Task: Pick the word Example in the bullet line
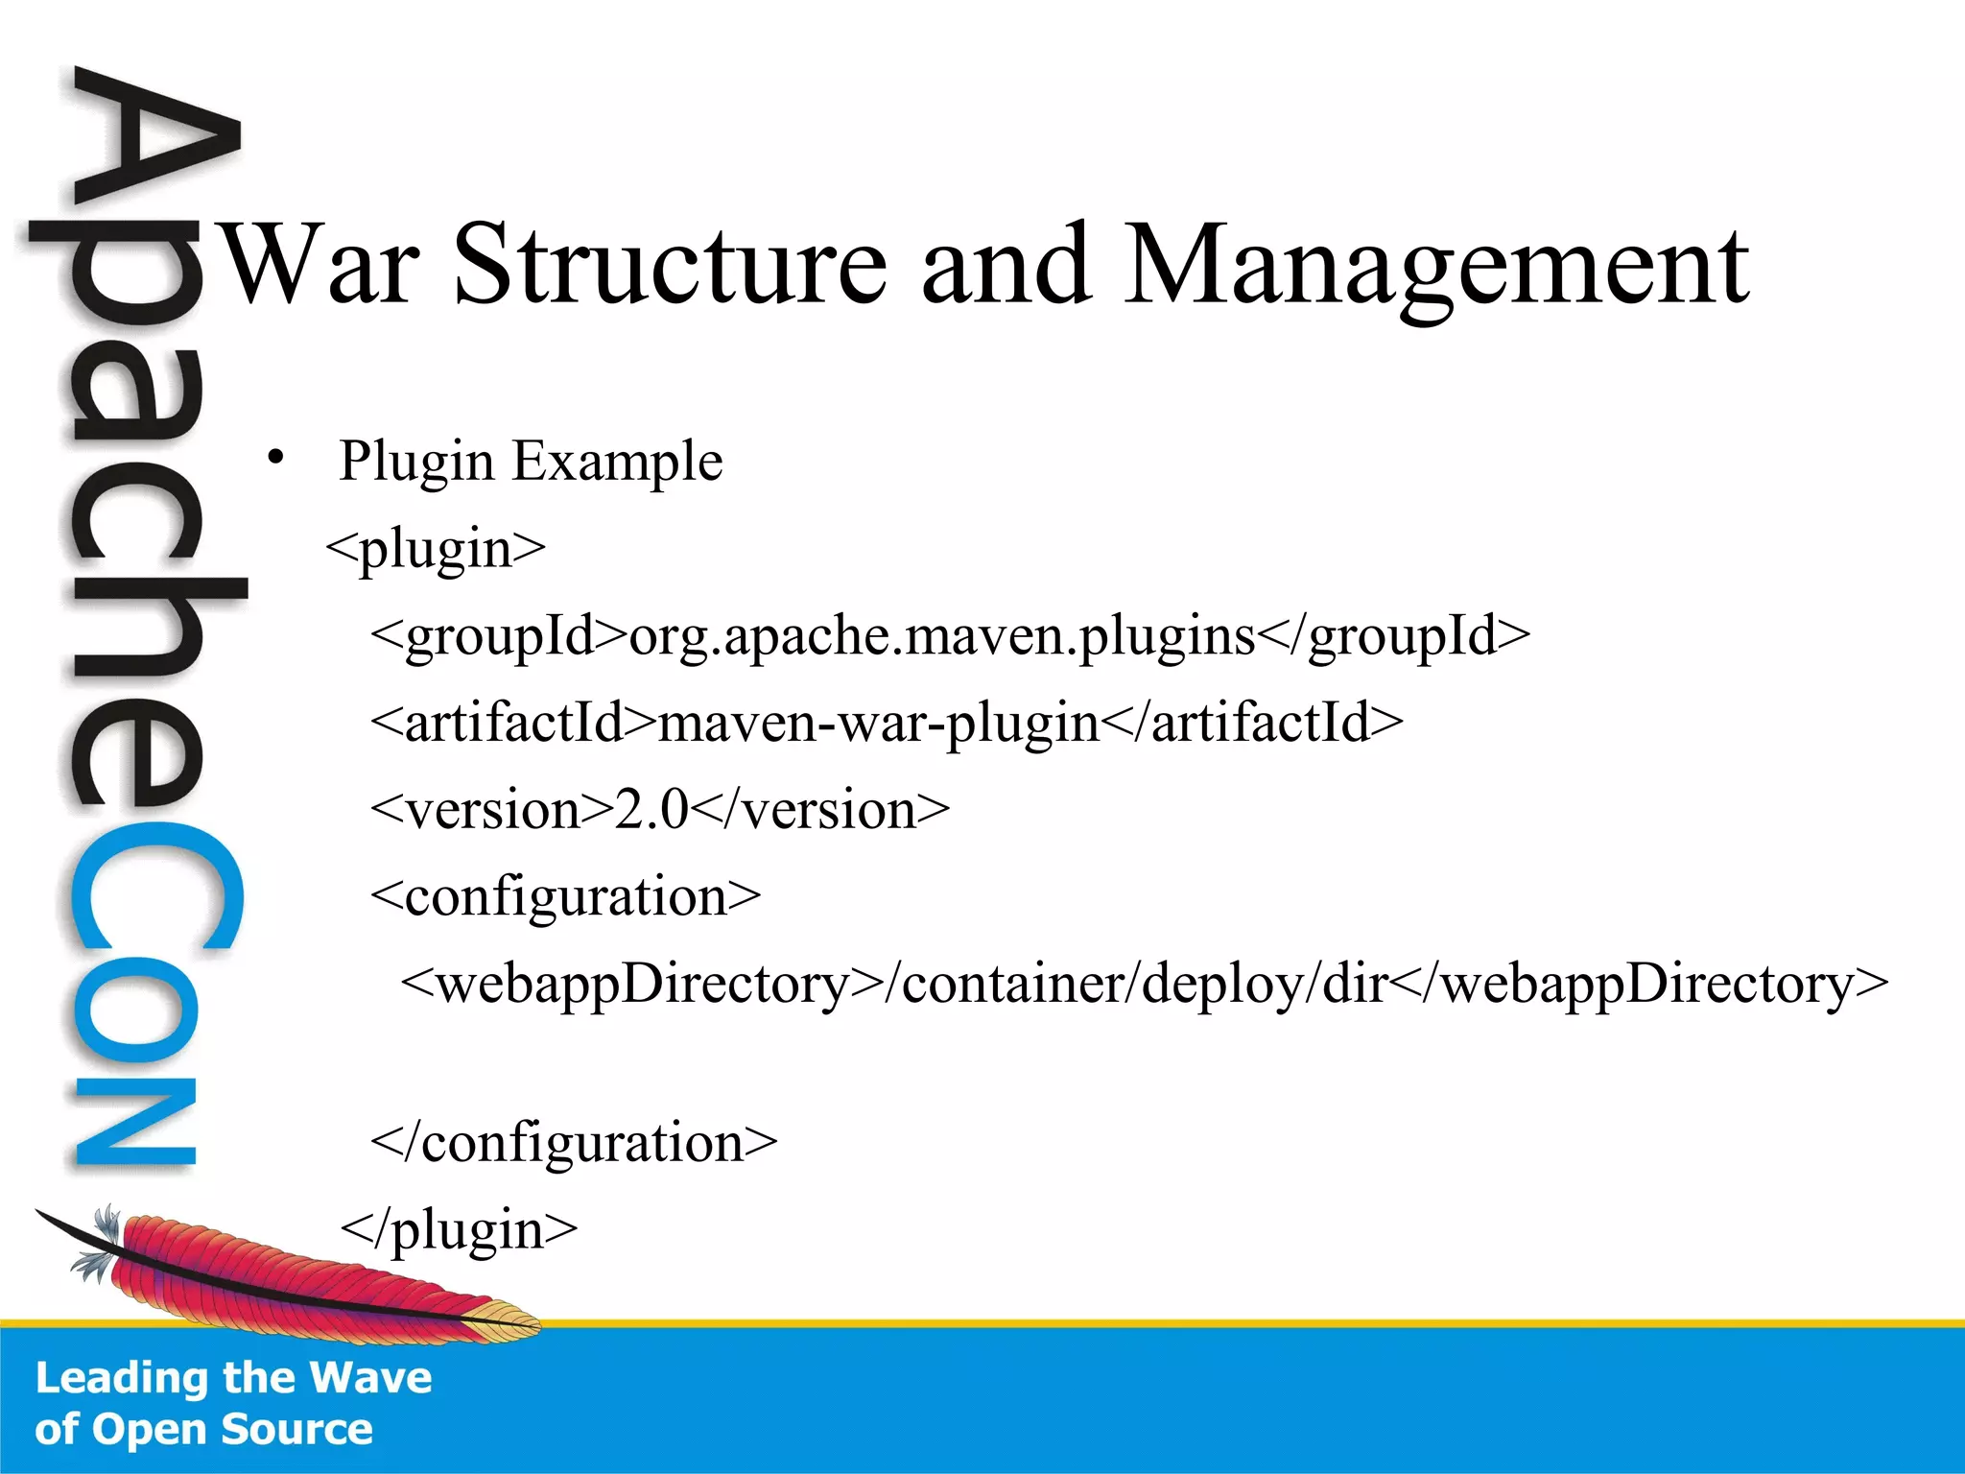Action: coord(617,463)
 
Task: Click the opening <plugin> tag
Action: coord(436,549)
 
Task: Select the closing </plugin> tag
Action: coord(460,1229)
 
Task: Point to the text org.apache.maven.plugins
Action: coord(941,636)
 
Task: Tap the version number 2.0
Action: coord(651,810)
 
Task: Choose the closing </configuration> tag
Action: coord(574,1143)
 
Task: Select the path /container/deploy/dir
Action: coord(1136,985)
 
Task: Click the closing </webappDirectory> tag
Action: coord(1640,985)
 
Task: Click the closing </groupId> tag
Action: coord(1393,636)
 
